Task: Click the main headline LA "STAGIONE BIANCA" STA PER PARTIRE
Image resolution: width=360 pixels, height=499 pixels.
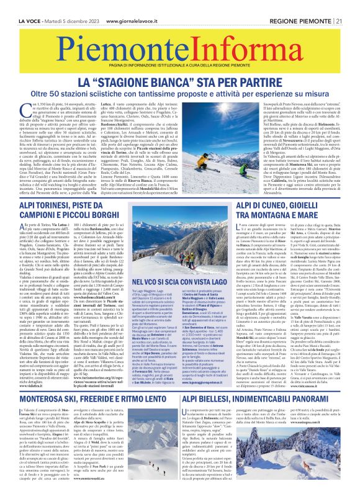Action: pyautogui.click(x=179, y=80)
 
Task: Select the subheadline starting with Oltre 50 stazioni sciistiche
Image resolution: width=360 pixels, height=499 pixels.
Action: pyautogui.click(x=179, y=94)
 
